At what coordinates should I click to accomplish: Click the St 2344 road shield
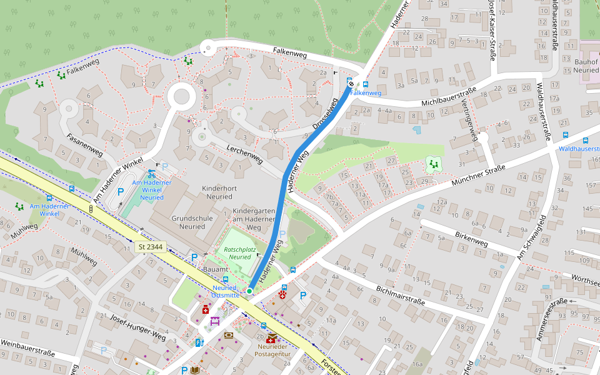tap(150, 247)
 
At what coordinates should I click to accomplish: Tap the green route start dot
tap(249, 291)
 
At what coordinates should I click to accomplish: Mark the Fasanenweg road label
tap(84, 144)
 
